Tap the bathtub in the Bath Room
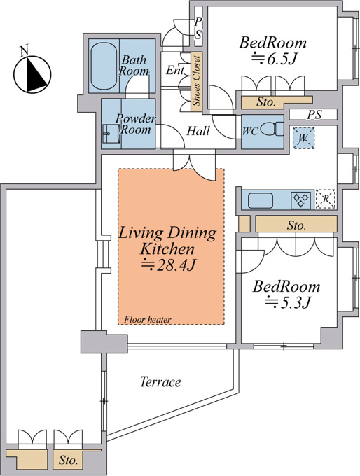point(104,66)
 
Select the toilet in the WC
point(272,129)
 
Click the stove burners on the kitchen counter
point(300,200)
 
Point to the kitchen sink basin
point(261,201)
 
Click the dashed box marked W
point(303,138)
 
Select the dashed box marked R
point(326,199)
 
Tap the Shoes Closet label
point(197,81)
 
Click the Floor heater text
point(148,319)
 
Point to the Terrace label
point(160,381)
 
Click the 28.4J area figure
point(168,265)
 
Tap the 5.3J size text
point(287,302)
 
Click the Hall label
point(198,131)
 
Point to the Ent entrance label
point(175,70)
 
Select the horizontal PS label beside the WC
point(314,115)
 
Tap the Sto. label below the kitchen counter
point(296,225)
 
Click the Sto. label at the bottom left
point(69,460)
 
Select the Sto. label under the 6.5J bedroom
point(266,102)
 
